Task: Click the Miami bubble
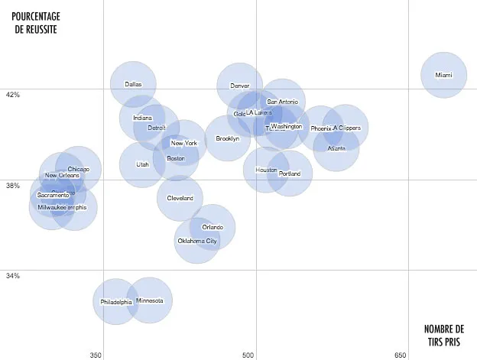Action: [x=443, y=75]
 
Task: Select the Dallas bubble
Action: [x=133, y=84]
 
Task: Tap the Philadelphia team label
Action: [x=116, y=302]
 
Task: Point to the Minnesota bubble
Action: [x=150, y=300]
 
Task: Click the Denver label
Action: [x=240, y=86]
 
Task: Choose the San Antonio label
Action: [x=282, y=102]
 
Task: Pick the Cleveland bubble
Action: [x=180, y=199]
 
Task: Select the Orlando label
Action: [x=213, y=227]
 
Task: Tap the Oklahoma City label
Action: [x=197, y=242]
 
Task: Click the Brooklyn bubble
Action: [x=227, y=138]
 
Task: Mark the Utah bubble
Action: [x=142, y=164]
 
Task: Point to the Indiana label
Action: [x=143, y=118]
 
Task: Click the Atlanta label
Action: [x=336, y=148]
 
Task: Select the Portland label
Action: [x=290, y=174]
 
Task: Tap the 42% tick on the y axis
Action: [x=12, y=95]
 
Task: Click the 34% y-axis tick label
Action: [x=12, y=276]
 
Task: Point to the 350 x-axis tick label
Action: [x=96, y=355]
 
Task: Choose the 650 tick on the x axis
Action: [x=401, y=355]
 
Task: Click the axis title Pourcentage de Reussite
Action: [x=35, y=22]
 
